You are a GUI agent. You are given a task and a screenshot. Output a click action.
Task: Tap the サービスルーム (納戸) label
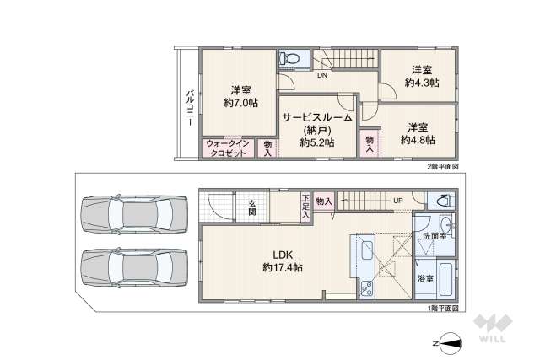pyautogui.click(x=316, y=131)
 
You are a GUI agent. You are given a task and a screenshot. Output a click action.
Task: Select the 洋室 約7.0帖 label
pyautogui.click(x=240, y=95)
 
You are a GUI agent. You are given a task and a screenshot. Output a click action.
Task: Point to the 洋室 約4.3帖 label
pyautogui.click(x=420, y=76)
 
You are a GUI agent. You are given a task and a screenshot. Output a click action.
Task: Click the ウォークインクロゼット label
pyautogui.click(x=226, y=148)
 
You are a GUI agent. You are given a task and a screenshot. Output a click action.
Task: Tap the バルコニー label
pyautogui.click(x=191, y=107)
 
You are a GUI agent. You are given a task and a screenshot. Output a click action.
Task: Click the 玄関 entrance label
pyautogui.click(x=252, y=207)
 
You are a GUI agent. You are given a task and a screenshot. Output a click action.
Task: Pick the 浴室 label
pyautogui.click(x=425, y=278)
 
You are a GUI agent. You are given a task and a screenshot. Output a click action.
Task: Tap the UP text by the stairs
pyautogui.click(x=397, y=201)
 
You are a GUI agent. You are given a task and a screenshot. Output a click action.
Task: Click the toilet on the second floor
pyautogui.click(x=291, y=58)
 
